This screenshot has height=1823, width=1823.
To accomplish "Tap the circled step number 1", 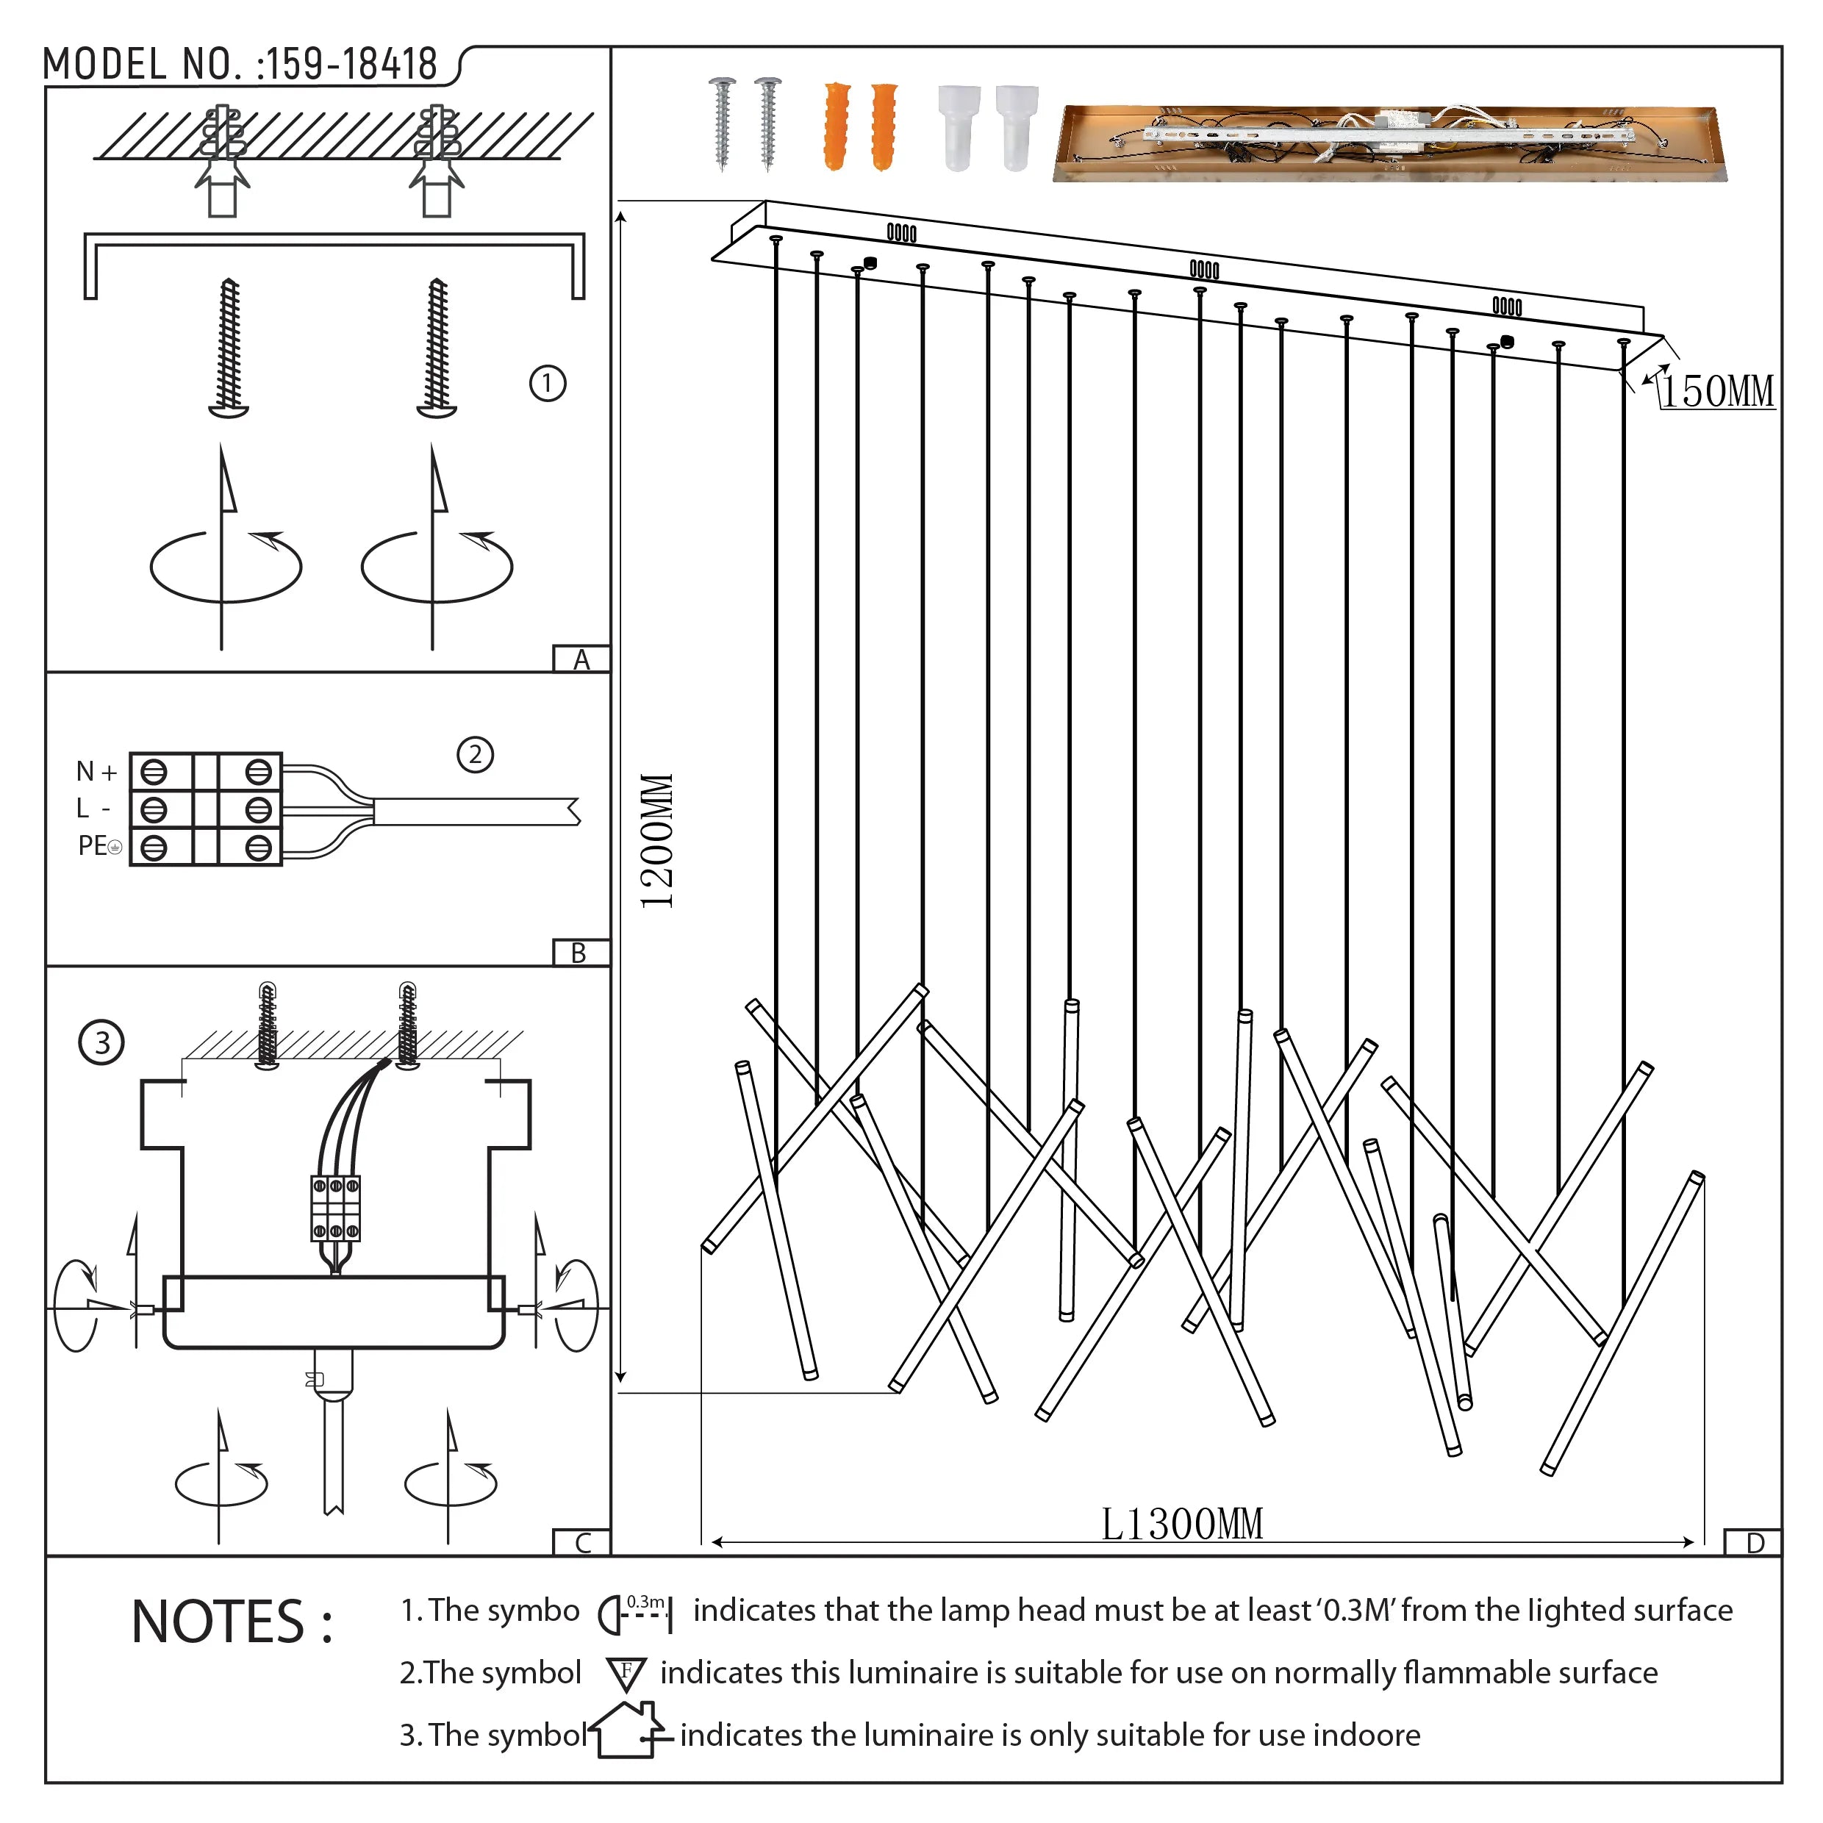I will tap(548, 383).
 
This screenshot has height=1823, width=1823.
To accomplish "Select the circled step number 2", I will tap(475, 754).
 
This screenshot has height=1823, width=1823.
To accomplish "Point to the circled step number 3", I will tap(102, 1042).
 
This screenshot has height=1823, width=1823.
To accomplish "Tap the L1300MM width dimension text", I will tap(1181, 1524).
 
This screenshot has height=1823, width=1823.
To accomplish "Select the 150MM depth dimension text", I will tap(1717, 392).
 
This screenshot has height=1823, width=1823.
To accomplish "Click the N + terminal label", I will tap(96, 772).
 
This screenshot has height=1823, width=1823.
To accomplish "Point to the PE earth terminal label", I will tap(99, 845).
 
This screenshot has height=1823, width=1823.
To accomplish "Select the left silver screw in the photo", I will tap(723, 123).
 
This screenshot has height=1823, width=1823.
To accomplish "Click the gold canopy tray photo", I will tap(1388, 143).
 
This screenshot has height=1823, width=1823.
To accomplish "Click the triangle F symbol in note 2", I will tap(626, 1673).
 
